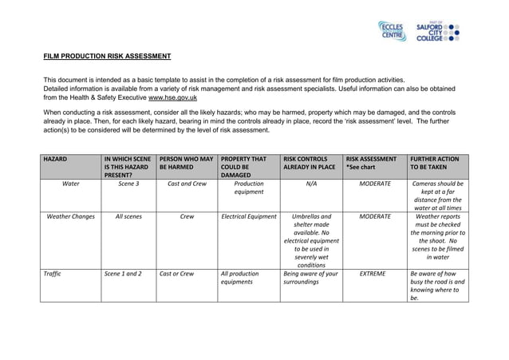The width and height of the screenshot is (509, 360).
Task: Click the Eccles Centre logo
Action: click(x=393, y=31)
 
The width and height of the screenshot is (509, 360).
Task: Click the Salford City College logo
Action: click(x=438, y=31)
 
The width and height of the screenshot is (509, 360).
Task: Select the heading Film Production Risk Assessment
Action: click(x=107, y=57)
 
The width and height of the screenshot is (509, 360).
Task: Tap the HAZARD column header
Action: click(x=56, y=160)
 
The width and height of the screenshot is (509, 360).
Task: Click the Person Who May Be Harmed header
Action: click(x=185, y=164)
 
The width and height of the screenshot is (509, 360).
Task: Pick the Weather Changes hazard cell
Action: click(x=71, y=216)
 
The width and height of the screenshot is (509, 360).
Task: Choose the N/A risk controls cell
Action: click(x=311, y=184)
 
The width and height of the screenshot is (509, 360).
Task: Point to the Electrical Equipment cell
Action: click(x=248, y=216)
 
